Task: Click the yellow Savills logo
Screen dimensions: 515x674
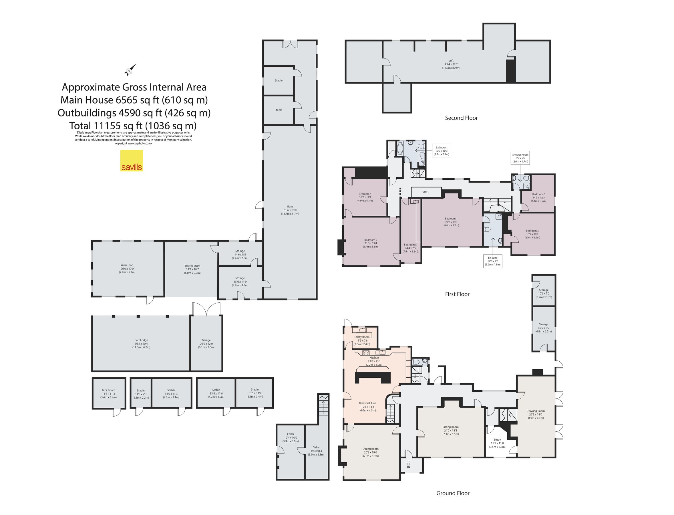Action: click(x=132, y=160)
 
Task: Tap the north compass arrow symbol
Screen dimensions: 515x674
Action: click(x=130, y=70)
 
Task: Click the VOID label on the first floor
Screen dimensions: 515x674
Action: click(x=425, y=192)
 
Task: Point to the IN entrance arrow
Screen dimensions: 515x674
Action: click(x=408, y=464)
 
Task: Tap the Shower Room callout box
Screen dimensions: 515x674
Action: click(x=520, y=158)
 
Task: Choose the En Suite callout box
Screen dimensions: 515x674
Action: click(x=493, y=261)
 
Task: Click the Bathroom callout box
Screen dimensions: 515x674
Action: click(x=441, y=151)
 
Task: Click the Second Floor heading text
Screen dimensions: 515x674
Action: click(x=461, y=118)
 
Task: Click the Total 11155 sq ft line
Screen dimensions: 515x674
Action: click(x=133, y=126)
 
